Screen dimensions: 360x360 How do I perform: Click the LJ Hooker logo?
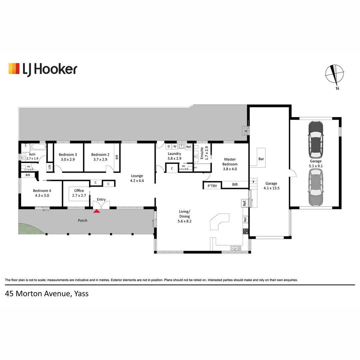[x=43, y=69]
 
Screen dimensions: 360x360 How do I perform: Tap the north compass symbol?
[x=335, y=75]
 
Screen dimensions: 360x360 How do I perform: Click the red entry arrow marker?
[x=97, y=211]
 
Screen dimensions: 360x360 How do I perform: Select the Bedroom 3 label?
[x=68, y=155]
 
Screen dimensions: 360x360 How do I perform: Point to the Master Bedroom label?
[x=230, y=162]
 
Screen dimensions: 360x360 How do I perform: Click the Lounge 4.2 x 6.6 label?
[x=137, y=178]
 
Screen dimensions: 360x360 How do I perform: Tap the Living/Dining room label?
[x=185, y=214]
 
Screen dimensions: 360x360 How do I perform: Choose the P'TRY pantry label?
[x=212, y=186]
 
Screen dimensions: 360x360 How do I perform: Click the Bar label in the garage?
[x=261, y=159]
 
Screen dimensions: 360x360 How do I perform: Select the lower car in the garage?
[x=316, y=187]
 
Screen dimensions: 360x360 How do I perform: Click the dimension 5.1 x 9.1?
[x=316, y=166]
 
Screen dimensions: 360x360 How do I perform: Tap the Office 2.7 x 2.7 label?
[x=79, y=193]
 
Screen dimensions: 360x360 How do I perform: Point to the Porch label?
[x=83, y=220]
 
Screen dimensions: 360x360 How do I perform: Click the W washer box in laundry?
[x=175, y=146]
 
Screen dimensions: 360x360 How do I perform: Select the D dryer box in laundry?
[x=169, y=146]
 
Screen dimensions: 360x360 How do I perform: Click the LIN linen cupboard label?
[x=50, y=167]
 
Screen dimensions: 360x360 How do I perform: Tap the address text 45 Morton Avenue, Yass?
[x=47, y=294]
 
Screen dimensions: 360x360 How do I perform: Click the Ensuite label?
[x=202, y=153]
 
